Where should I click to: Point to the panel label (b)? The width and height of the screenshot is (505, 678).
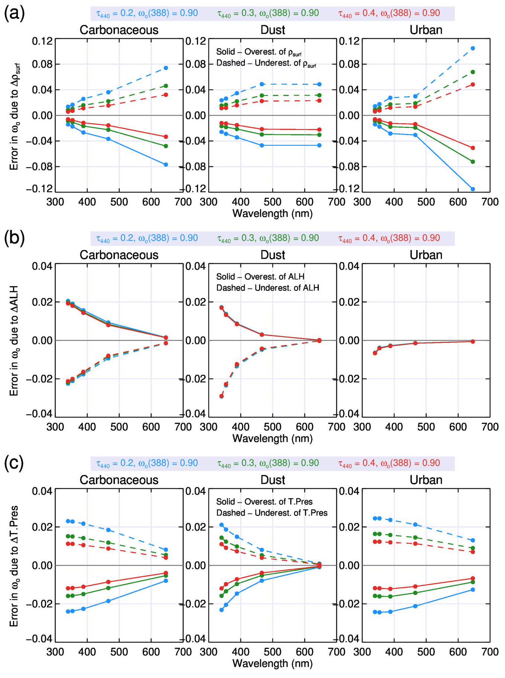[x=14, y=238]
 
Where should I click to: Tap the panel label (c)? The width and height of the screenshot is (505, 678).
[x=14, y=463]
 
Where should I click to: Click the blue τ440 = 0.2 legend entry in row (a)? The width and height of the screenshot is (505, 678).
[x=147, y=13]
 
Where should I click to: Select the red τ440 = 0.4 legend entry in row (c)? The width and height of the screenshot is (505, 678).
[x=389, y=463]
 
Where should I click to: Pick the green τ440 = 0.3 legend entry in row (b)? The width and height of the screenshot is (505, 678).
[x=268, y=238]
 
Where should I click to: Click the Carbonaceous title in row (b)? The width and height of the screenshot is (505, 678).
[x=119, y=255]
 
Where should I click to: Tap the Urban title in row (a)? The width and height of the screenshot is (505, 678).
[x=426, y=30]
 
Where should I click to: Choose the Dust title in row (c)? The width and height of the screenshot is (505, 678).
[x=272, y=480]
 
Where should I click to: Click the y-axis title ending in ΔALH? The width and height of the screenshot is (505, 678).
[x=14, y=341]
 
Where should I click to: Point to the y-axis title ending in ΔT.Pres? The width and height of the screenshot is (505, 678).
[x=14, y=565]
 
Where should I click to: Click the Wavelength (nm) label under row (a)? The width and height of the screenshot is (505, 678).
[x=272, y=213]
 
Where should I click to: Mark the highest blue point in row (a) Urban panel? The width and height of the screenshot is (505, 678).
[x=473, y=48]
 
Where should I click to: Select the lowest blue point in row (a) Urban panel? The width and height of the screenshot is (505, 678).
[x=473, y=189]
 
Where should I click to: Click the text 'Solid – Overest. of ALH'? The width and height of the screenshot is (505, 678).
[x=260, y=277]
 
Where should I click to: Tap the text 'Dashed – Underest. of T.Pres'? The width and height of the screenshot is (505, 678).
[x=272, y=513]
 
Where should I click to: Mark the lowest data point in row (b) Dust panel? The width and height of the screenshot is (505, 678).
[x=221, y=396]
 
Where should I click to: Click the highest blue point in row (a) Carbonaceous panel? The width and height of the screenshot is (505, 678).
[x=166, y=68]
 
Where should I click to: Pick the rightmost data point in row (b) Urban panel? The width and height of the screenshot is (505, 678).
[x=473, y=341]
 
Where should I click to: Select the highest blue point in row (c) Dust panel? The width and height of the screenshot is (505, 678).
[x=221, y=525]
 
